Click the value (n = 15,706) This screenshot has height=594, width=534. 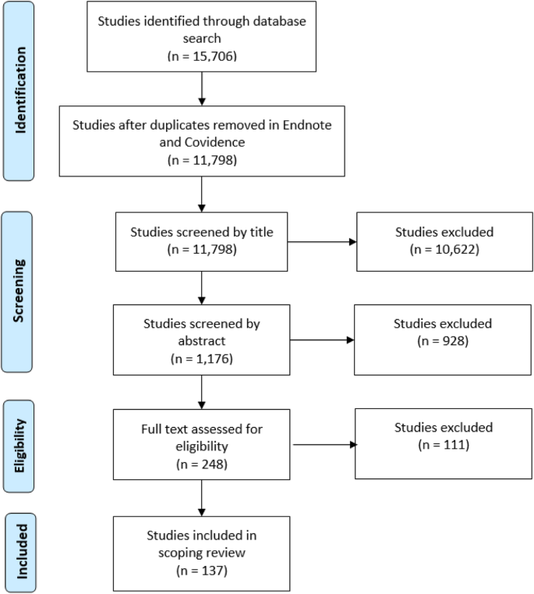[202, 56]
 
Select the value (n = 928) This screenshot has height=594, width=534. [444, 340]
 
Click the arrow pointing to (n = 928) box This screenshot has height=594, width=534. [322, 340]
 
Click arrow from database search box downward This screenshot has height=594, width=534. [202, 87]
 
